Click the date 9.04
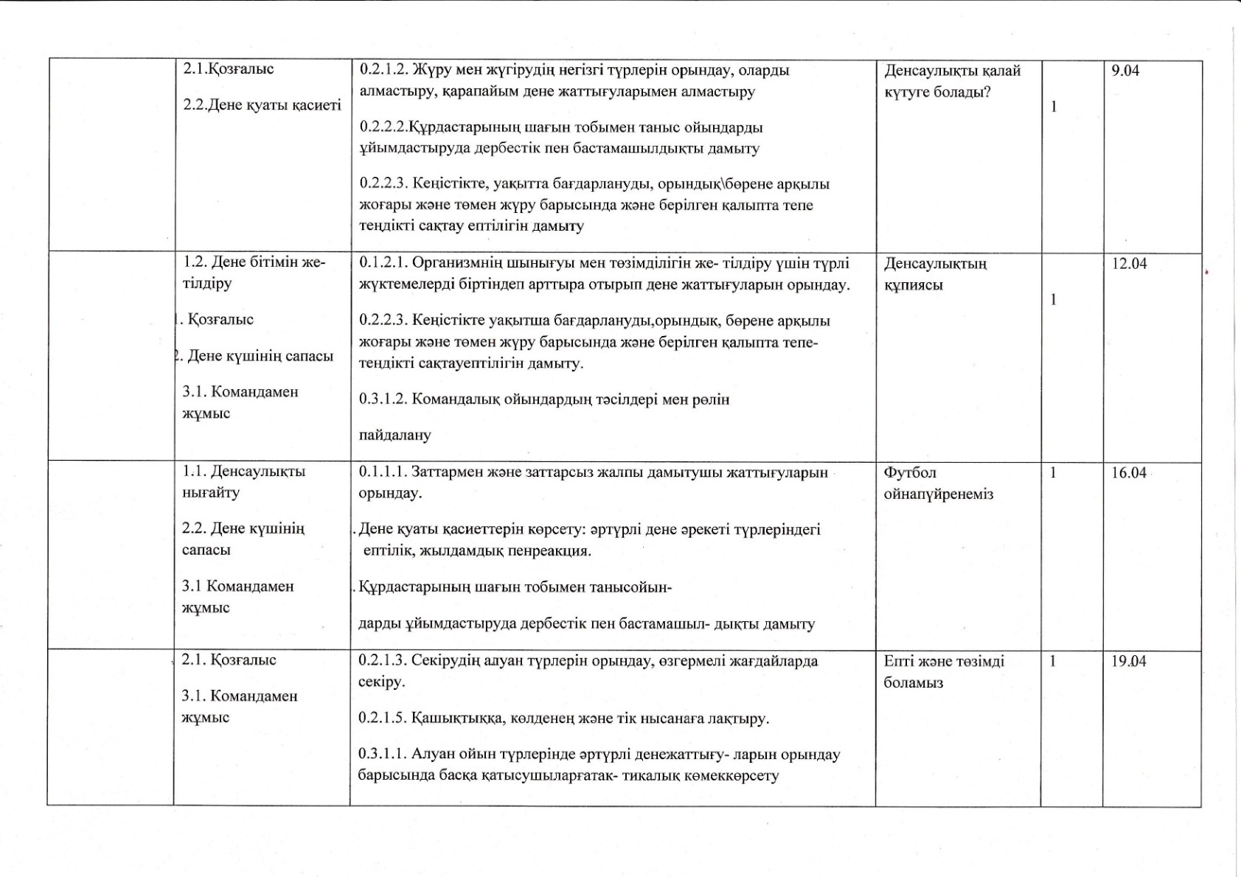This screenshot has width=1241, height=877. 1125,71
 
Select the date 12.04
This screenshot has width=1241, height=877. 1129,264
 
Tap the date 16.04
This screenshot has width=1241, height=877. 1129,472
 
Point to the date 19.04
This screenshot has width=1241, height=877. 1129,661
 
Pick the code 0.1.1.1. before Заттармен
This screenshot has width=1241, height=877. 383,472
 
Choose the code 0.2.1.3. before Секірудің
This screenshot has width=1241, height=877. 383,661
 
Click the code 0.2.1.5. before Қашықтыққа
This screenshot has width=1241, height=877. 383,719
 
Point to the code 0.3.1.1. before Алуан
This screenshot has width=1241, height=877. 383,755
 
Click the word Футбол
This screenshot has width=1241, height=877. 910,472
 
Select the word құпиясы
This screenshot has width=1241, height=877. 913,286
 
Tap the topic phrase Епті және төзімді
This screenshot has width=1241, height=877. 944,662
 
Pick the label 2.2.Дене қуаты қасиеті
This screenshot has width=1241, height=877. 262,105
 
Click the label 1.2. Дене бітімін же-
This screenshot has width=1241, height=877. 254,262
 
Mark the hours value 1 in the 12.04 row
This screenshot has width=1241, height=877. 1054,300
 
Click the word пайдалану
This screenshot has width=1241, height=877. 394,436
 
